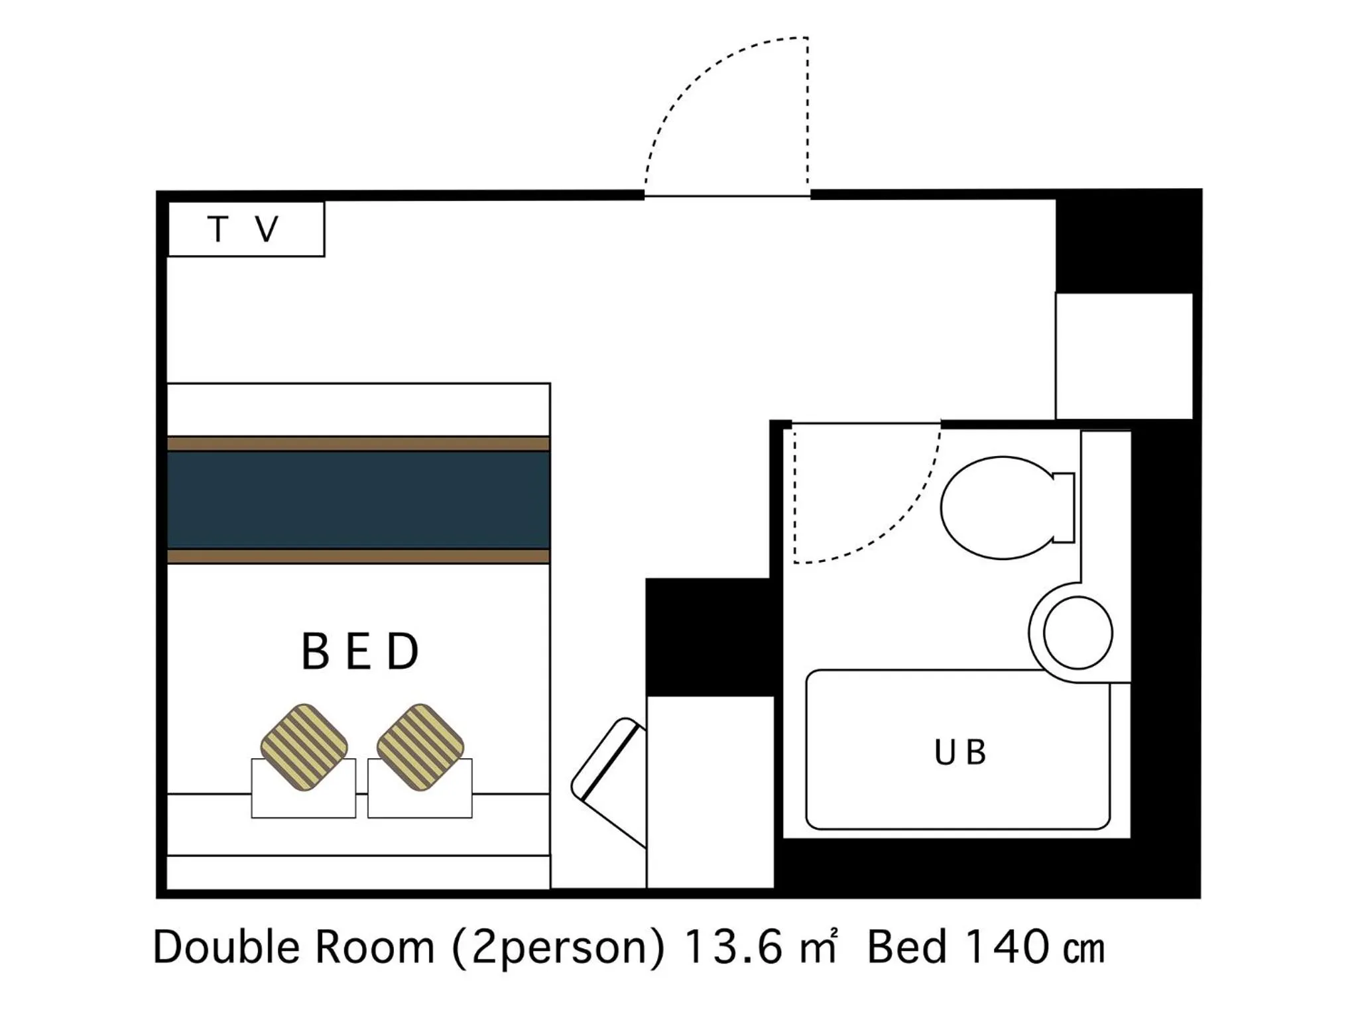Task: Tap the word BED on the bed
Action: tap(360, 651)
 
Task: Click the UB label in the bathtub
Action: tap(959, 753)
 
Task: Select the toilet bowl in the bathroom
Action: tap(996, 508)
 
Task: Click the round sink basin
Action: tap(1078, 632)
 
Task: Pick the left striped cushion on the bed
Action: tap(304, 748)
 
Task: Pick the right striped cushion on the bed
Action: tap(420, 748)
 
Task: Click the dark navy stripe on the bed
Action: tap(358, 500)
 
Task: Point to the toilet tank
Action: tap(1064, 508)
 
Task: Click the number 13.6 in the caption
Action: tap(733, 948)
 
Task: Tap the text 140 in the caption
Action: tap(1007, 948)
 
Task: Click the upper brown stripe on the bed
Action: tap(358, 443)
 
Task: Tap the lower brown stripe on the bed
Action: tap(358, 556)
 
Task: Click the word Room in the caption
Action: tap(374, 948)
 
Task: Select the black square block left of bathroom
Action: tap(708, 636)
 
